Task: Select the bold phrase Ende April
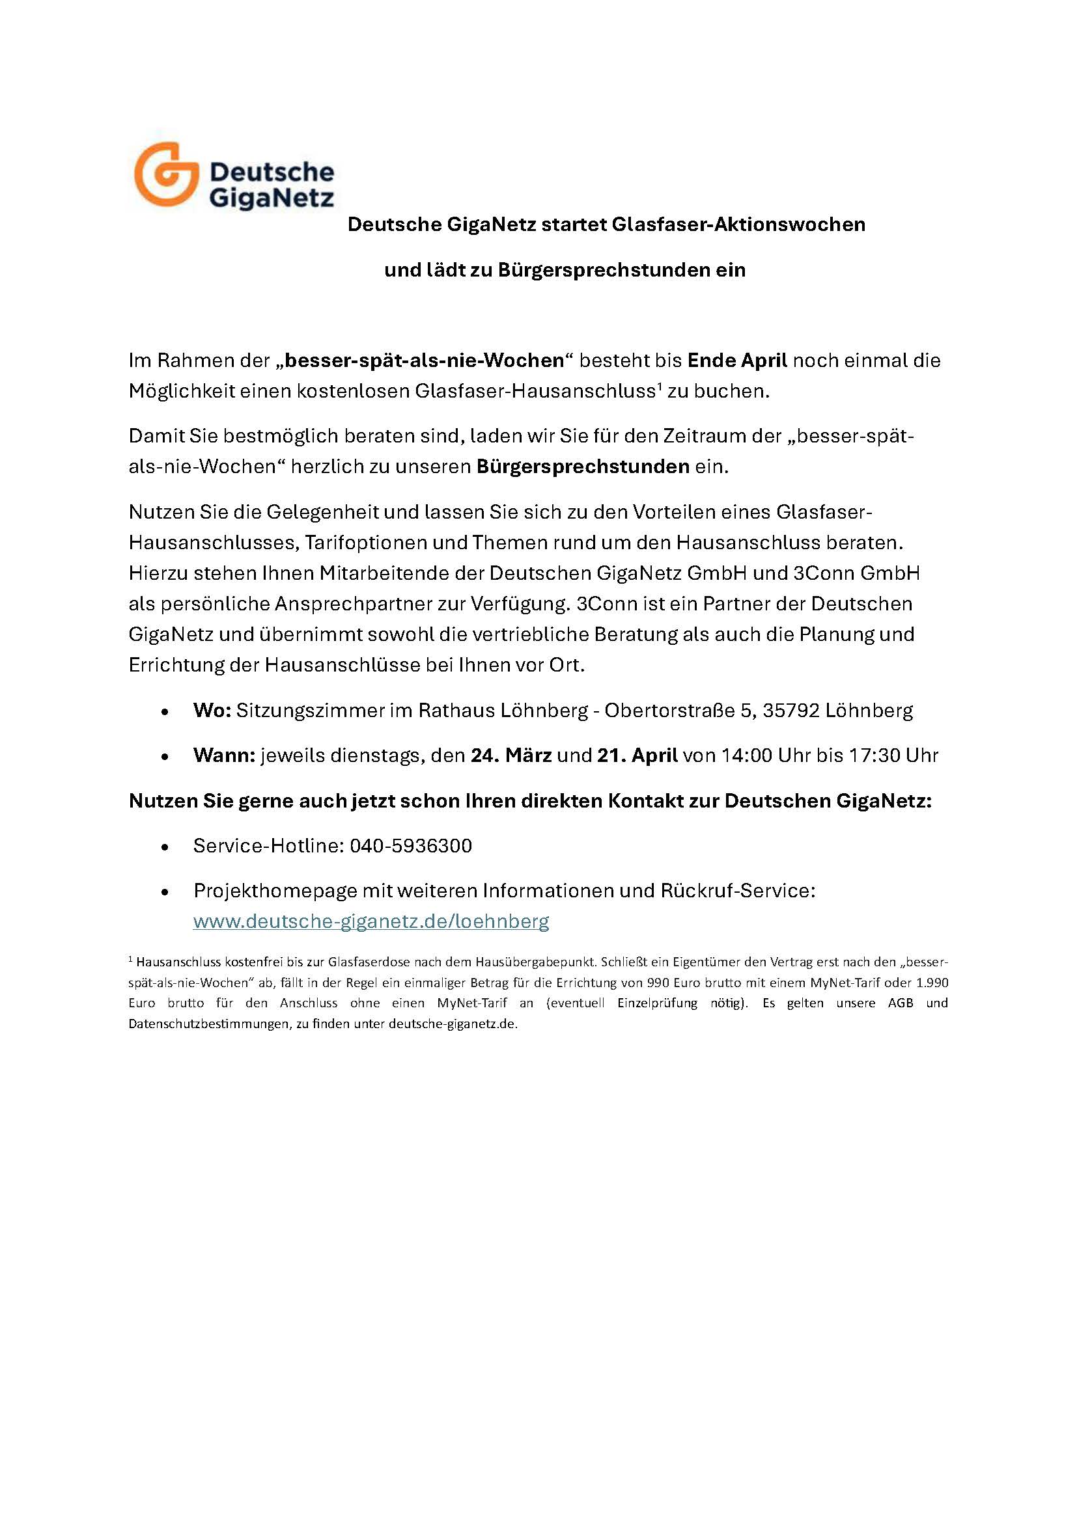(737, 360)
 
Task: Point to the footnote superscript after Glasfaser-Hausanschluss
(660, 386)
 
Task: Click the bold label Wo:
(212, 711)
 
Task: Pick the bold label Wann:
(224, 755)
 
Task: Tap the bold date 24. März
(511, 755)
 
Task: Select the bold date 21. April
(637, 755)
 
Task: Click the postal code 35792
(791, 711)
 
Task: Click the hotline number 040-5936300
(410, 846)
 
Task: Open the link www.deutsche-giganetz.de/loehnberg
(371, 921)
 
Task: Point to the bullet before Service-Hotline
(165, 847)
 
